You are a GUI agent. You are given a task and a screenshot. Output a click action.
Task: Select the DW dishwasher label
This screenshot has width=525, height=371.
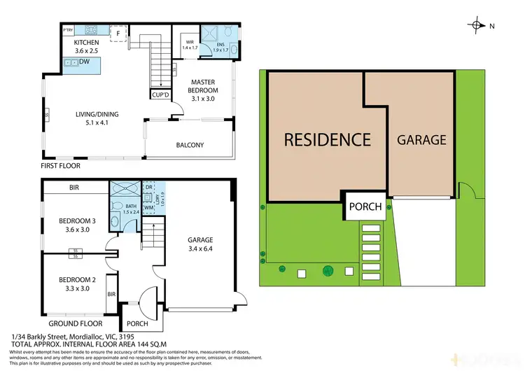84,62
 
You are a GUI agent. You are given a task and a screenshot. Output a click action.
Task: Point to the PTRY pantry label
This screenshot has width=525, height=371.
68,30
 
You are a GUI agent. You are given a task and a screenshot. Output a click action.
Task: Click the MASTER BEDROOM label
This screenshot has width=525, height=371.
204,86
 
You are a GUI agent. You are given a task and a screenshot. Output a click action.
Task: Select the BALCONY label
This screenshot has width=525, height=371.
190,145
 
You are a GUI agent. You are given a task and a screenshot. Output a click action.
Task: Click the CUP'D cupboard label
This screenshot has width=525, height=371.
160,94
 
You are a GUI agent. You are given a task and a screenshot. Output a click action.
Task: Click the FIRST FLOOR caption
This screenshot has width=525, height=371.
61,166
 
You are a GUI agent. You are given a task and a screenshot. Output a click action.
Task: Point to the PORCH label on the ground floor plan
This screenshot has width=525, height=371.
137,324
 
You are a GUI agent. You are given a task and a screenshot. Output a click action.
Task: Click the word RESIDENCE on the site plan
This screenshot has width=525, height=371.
327,140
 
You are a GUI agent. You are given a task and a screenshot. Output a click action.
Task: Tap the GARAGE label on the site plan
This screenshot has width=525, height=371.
421,140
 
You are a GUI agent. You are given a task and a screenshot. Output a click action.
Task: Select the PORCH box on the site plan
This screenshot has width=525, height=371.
365,206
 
